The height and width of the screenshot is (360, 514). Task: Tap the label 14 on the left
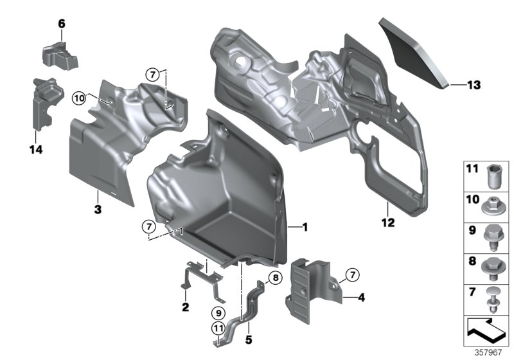click(x=35, y=150)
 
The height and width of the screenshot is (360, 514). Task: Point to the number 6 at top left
click(x=62, y=24)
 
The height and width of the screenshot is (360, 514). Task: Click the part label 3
click(x=97, y=209)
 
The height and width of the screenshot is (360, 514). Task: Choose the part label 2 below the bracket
click(x=185, y=307)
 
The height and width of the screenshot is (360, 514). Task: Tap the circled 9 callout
click(x=218, y=313)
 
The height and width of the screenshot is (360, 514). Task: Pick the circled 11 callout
click(x=218, y=330)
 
